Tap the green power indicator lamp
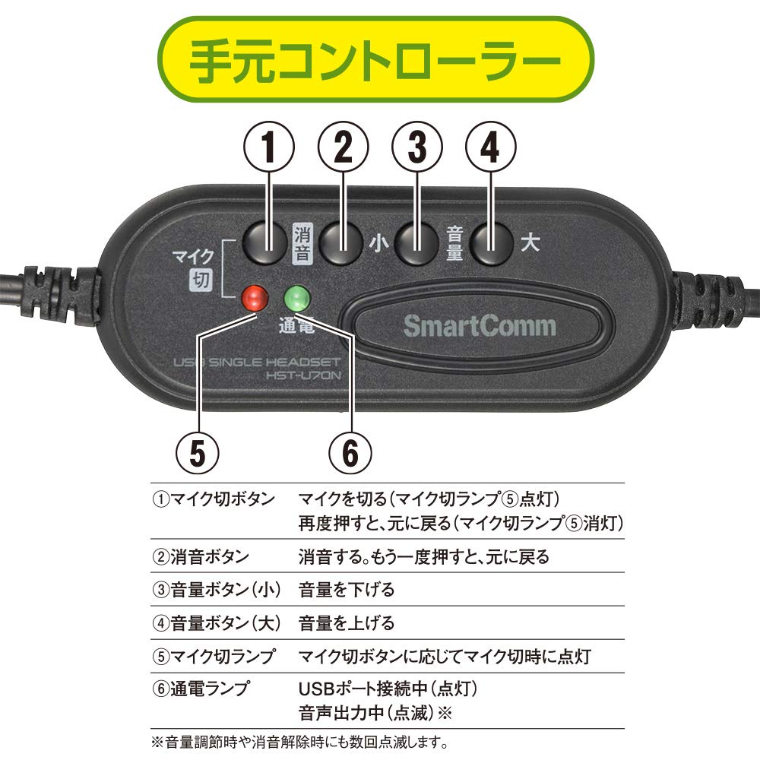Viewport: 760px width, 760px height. pyautogui.click(x=296, y=296)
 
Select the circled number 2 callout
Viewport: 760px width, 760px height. pyautogui.click(x=343, y=149)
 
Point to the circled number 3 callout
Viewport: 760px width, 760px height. pyautogui.click(x=416, y=149)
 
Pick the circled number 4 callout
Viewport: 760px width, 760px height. pyautogui.click(x=490, y=149)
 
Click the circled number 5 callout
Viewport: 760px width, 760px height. pyautogui.click(x=198, y=454)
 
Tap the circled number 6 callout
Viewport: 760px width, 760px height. pyautogui.click(x=350, y=454)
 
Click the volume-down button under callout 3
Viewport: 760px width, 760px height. pyautogui.click(x=416, y=243)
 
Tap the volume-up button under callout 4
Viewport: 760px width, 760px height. pyautogui.click(x=490, y=243)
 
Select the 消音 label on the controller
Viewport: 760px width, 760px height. pyautogui.click(x=302, y=243)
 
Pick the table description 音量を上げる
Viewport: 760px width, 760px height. pyautogui.click(x=347, y=623)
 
